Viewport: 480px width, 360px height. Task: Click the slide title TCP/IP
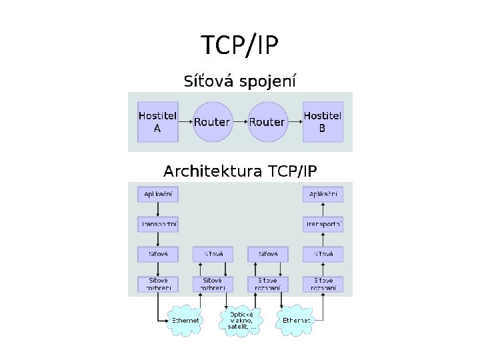click(240, 46)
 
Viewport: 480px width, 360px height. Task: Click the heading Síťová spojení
click(240, 82)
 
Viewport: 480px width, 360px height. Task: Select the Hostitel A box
click(158, 121)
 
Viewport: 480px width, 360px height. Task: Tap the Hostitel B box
click(323, 121)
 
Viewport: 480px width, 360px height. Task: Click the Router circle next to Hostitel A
click(213, 121)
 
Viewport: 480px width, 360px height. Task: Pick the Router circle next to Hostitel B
click(267, 121)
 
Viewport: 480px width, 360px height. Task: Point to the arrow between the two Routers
click(240, 121)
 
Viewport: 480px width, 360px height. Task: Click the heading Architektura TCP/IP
click(240, 171)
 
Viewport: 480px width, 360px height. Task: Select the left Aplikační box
click(159, 194)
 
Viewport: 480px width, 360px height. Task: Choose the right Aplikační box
click(323, 194)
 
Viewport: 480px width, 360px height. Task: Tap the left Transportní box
click(159, 224)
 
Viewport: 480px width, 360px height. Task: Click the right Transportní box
click(323, 224)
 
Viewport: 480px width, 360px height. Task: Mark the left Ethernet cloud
click(185, 321)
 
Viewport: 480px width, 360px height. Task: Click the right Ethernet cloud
click(296, 321)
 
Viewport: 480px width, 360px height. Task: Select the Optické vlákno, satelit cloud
click(241, 320)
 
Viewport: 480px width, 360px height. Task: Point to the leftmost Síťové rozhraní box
click(159, 283)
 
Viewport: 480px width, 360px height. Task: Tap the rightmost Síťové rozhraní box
click(323, 283)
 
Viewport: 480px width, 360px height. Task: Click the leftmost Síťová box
click(159, 254)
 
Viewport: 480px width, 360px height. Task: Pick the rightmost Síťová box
click(323, 254)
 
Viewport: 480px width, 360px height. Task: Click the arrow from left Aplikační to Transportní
click(159, 209)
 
